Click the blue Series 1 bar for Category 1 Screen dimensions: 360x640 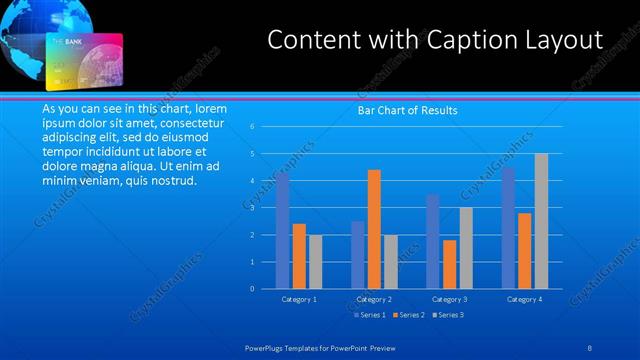[283, 231]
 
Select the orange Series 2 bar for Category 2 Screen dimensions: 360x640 [374, 229]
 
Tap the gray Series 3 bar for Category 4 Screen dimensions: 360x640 [541, 221]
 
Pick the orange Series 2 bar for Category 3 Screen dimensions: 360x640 [449, 264]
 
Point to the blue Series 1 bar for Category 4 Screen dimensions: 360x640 [508, 228]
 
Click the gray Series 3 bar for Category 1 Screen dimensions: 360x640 [316, 262]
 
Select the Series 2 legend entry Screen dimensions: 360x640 [409, 315]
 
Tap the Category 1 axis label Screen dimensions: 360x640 [299, 299]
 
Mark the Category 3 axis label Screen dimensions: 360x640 [449, 299]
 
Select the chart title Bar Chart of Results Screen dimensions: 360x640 [407, 111]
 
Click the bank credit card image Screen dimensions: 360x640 [86, 61]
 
